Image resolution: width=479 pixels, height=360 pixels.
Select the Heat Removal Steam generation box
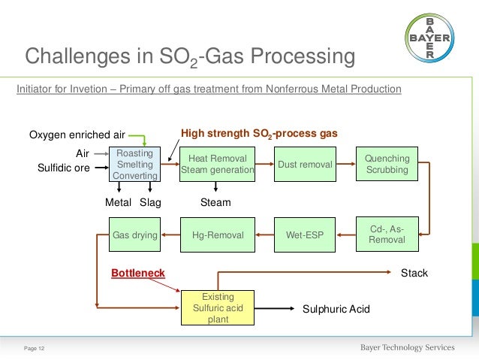pyautogui.click(x=218, y=165)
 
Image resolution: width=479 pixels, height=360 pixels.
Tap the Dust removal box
pyautogui.click(x=305, y=165)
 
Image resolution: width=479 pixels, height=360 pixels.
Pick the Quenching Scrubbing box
pyautogui.click(x=387, y=165)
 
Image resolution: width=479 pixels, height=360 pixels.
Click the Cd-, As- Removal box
pyautogui.click(x=387, y=234)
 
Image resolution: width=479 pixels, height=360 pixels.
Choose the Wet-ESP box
pyautogui.click(x=305, y=235)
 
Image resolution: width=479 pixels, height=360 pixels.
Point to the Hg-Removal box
pyautogui.click(x=218, y=235)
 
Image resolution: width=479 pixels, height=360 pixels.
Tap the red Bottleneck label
pyautogui.click(x=138, y=273)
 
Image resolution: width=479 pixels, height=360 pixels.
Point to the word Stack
pyautogui.click(x=414, y=273)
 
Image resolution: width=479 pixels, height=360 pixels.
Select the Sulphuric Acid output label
pyautogui.click(x=336, y=309)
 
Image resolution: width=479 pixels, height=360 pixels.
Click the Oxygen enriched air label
pyautogui.click(x=77, y=135)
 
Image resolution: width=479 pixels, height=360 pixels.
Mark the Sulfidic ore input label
pyautogui.click(x=64, y=168)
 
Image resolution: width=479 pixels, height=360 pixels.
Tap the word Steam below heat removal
pyautogui.click(x=215, y=202)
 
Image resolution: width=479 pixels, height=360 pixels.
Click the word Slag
pyautogui.click(x=150, y=202)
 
